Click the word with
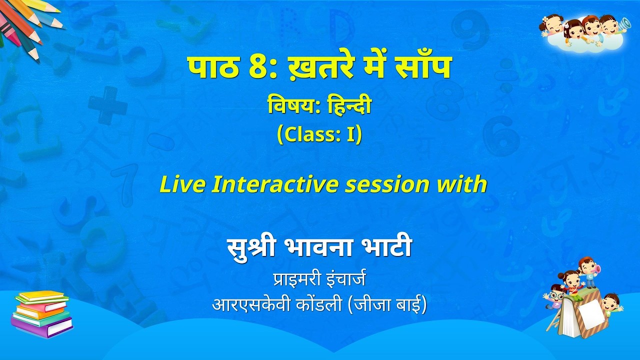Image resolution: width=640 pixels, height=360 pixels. click(x=464, y=184)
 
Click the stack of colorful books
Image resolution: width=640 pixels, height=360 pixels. click(x=42, y=314)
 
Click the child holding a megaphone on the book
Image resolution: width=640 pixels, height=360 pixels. click(x=588, y=272)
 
